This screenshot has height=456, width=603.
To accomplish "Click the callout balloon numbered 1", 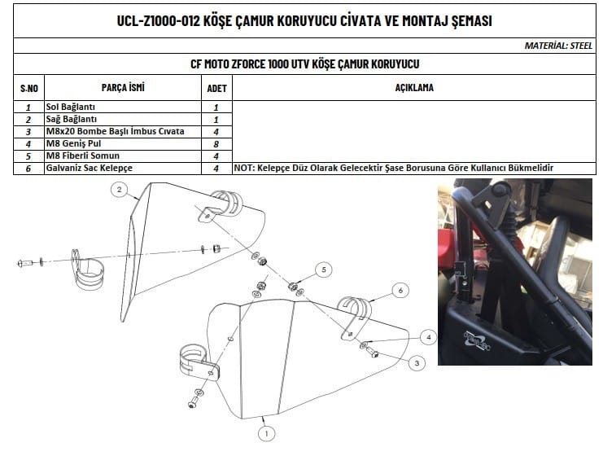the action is pyautogui.click(x=266, y=434).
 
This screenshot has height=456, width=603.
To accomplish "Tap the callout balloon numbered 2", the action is pyautogui.click(x=119, y=190).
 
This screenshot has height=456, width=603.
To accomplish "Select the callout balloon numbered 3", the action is pyautogui.click(x=417, y=363).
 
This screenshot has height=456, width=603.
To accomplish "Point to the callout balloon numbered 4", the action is pyautogui.click(x=428, y=337).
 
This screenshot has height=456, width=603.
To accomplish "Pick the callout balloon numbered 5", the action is pyautogui.click(x=323, y=270).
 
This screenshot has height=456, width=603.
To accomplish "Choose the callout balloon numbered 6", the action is pyautogui.click(x=400, y=290).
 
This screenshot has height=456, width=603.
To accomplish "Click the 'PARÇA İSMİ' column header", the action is pyautogui.click(x=123, y=87).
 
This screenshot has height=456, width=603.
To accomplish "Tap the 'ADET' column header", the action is pyautogui.click(x=217, y=89).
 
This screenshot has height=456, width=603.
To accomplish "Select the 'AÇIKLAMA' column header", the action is pyautogui.click(x=414, y=88).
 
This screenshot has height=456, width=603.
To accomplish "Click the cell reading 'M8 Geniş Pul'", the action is pyautogui.click(x=73, y=143).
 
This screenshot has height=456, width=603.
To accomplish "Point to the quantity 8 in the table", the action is pyautogui.click(x=216, y=144).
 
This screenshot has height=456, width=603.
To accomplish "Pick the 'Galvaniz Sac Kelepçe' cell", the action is pyautogui.click(x=90, y=169).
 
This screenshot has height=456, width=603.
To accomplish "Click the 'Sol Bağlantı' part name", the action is pyautogui.click(x=70, y=107).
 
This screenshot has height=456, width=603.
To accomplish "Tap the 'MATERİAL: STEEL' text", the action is pyautogui.click(x=558, y=46).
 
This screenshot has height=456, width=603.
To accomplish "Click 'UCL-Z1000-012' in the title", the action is pyautogui.click(x=159, y=21).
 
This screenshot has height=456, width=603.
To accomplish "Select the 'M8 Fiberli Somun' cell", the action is pyautogui.click(x=83, y=156).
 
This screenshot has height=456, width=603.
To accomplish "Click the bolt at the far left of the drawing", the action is pyautogui.click(x=25, y=263).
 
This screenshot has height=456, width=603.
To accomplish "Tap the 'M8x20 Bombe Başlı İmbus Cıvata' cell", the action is pyautogui.click(x=115, y=131).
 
